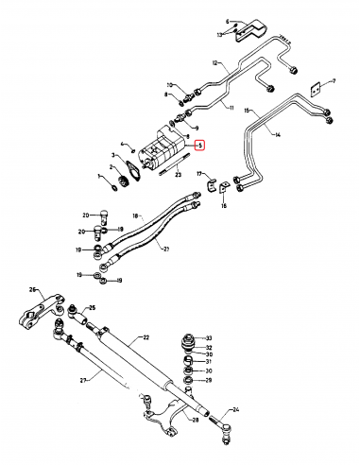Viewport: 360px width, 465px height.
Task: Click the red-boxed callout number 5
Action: click(x=198, y=146)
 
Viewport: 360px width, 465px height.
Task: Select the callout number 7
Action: click(x=332, y=83)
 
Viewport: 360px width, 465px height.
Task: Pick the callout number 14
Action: click(x=278, y=135)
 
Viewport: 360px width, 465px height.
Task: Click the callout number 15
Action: click(x=249, y=112)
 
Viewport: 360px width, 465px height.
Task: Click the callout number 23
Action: click(x=178, y=176)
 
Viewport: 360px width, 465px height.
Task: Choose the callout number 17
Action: click(x=199, y=174)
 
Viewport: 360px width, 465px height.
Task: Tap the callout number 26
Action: click(x=32, y=289)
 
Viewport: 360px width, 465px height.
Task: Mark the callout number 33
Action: click(x=211, y=338)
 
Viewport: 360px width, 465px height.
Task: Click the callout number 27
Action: click(x=84, y=380)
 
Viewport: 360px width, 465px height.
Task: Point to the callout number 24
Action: click(x=236, y=409)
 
